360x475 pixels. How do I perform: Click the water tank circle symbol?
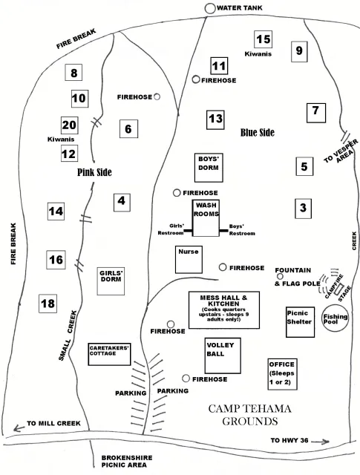pos(210,8)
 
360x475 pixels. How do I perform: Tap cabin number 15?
pos(263,39)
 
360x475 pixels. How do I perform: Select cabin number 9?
pos(299,50)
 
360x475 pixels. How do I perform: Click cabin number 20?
pos(69,125)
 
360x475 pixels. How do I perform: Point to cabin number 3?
pos(302,208)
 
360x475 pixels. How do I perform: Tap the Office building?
pos(282,375)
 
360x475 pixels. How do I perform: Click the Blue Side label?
pos(258,133)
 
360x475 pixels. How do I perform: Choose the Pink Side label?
pos(94,172)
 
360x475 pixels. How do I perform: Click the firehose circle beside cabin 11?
pos(196,79)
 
